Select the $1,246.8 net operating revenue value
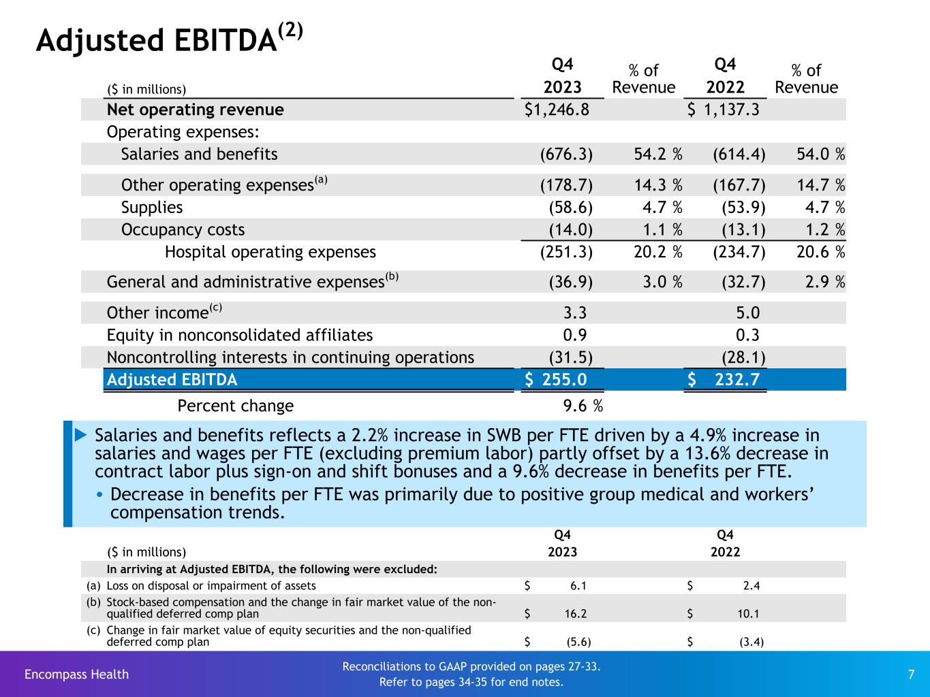[x=557, y=110]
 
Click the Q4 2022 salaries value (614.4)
[x=739, y=155]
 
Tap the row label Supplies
[x=152, y=208]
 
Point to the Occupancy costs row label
[x=183, y=230]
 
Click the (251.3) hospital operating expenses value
[x=566, y=253]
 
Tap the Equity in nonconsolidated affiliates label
[x=240, y=335]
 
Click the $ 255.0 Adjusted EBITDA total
[x=556, y=380]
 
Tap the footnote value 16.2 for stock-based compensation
[x=576, y=614]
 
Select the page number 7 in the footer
[x=911, y=675]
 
